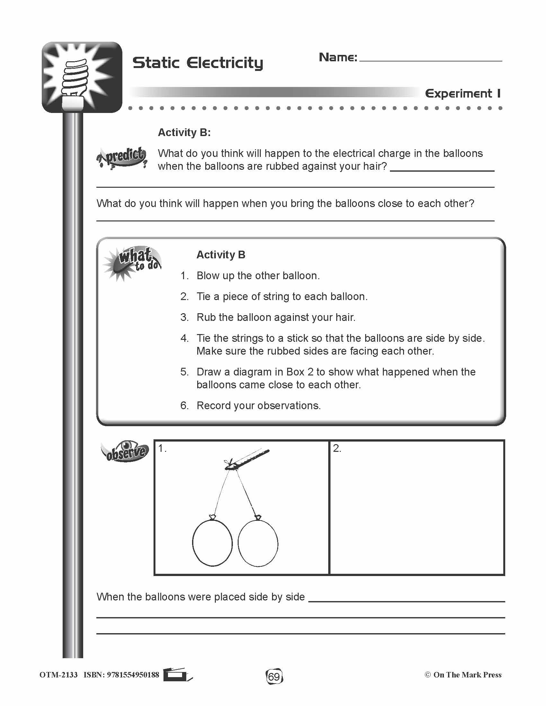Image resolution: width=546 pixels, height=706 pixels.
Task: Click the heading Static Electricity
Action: (198, 63)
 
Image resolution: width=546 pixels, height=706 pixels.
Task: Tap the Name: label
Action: (338, 57)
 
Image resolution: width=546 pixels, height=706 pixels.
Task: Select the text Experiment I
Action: (463, 94)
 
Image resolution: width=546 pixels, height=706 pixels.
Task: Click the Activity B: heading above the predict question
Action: (184, 133)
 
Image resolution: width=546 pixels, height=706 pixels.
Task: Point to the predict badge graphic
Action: (122, 158)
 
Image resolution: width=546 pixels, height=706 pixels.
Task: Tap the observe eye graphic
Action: (125, 451)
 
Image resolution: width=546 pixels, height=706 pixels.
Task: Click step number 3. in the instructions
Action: (184, 317)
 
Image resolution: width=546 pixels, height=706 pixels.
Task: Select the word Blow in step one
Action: (207, 276)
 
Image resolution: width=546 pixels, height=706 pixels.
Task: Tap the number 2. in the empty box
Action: (337, 448)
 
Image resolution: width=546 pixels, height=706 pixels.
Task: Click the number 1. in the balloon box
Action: (162, 448)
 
